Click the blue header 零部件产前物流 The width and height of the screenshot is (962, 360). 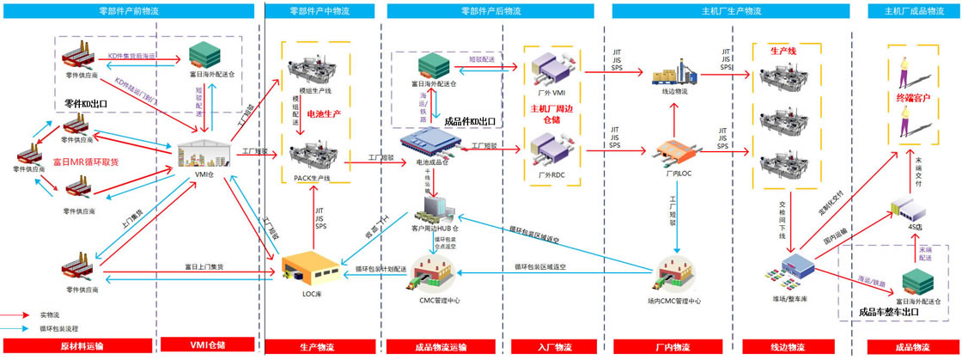[129, 10]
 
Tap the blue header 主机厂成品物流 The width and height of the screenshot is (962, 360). [906, 10]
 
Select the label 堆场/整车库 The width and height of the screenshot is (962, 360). [790, 299]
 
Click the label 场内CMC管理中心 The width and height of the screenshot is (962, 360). [674, 301]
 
